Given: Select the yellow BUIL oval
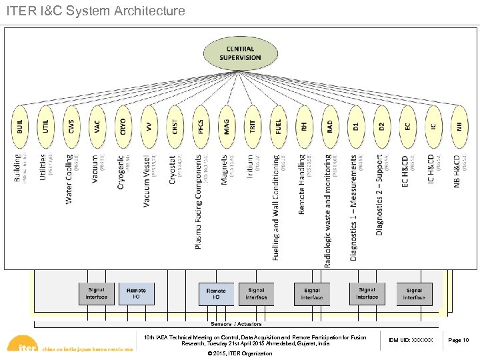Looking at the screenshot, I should coord(20,127).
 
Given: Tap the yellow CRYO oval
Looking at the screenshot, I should coord(123,127).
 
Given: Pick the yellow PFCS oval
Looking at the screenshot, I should coord(201,127).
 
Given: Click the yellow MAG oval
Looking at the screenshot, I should coord(227,127).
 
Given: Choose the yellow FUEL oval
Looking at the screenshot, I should coord(278,127).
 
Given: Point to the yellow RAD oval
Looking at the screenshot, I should coord(329,127).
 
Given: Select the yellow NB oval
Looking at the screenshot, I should coord(459,127).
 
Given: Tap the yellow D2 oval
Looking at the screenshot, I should coord(381,127).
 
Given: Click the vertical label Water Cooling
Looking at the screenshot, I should coord(69,179).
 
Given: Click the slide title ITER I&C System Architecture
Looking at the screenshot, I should coord(95,11).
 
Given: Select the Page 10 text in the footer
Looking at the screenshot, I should coord(458,341).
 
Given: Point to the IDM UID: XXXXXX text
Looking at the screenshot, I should coord(410,341).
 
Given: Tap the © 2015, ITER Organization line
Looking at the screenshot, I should coord(240,352).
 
